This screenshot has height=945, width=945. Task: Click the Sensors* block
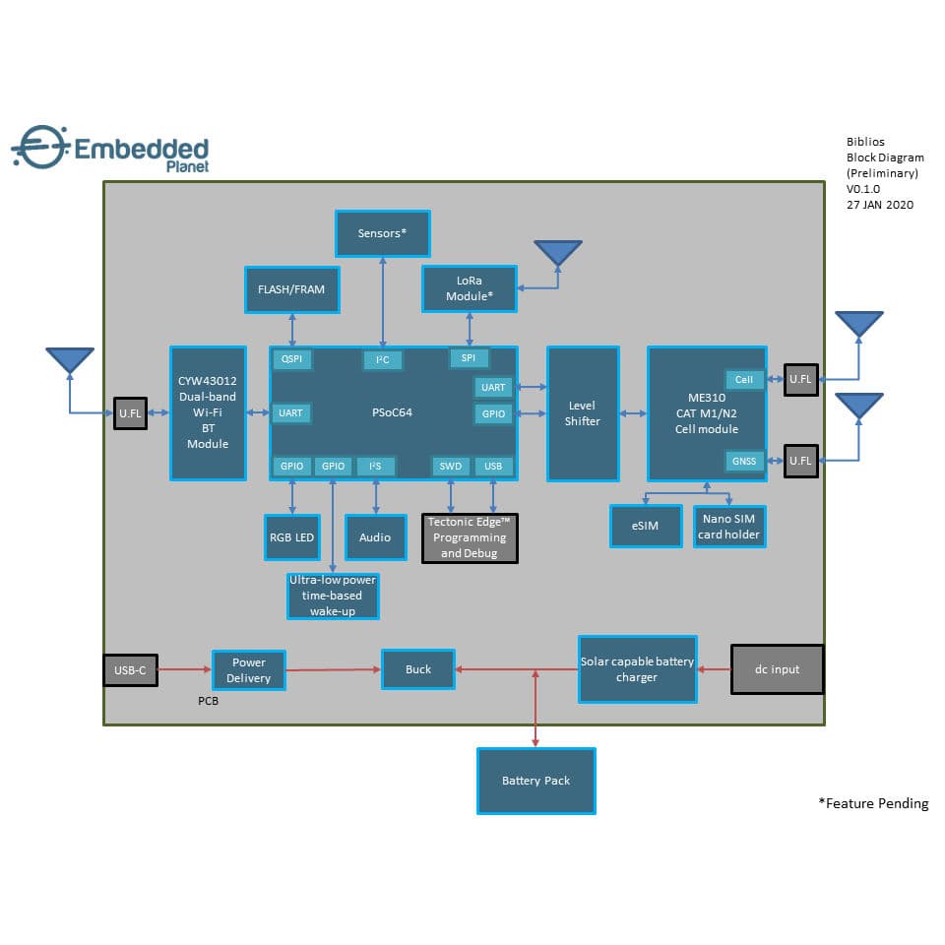pyautogui.click(x=382, y=233)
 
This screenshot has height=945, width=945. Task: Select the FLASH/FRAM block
pyautogui.click(x=291, y=289)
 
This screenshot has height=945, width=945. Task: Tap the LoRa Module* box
pyautogui.click(x=469, y=288)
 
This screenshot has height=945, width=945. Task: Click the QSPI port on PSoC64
pyautogui.click(x=292, y=359)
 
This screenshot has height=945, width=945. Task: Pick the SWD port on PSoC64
pyautogui.click(x=450, y=466)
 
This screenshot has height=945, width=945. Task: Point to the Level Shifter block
pyautogui.click(x=583, y=413)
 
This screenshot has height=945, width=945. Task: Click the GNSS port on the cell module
pyautogui.click(x=743, y=460)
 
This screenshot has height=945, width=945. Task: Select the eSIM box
pyautogui.click(x=646, y=527)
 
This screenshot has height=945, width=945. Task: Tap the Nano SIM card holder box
pyautogui.click(x=729, y=527)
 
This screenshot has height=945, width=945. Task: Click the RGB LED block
pyautogui.click(x=291, y=537)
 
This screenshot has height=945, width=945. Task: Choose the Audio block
pyautogui.click(x=375, y=537)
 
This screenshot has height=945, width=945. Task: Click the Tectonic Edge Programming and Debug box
pyautogui.click(x=471, y=537)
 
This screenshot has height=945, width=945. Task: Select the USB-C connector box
pyautogui.click(x=130, y=670)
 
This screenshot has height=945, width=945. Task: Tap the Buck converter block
pyautogui.click(x=418, y=669)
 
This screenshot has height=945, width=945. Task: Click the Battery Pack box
pyautogui.click(x=535, y=781)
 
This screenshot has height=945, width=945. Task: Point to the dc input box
pyautogui.click(x=777, y=669)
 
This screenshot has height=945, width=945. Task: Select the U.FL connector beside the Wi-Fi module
pyautogui.click(x=130, y=413)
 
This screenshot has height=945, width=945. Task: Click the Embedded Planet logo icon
pyautogui.click(x=38, y=149)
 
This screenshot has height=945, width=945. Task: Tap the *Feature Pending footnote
pyautogui.click(x=872, y=803)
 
